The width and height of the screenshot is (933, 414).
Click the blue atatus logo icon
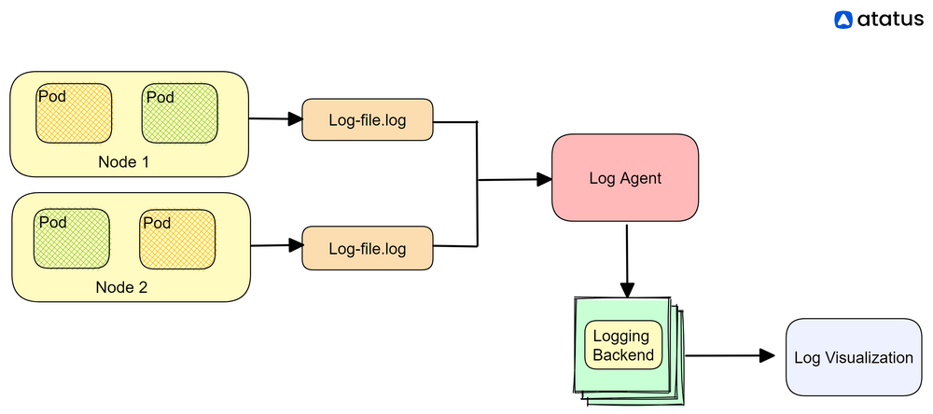(843, 19)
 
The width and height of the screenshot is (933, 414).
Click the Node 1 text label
(125, 162)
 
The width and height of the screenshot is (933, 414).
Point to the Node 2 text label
(121, 287)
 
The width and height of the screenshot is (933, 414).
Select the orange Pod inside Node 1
(74, 114)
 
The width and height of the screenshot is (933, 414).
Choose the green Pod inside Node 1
(180, 114)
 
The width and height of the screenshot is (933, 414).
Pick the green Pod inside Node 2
(72, 239)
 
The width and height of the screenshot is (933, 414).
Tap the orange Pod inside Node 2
(177, 239)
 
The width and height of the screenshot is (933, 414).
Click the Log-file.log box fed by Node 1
(368, 120)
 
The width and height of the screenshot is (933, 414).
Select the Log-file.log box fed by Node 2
(368, 249)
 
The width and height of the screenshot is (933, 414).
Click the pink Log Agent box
(625, 178)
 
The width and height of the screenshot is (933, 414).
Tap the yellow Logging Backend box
(623, 345)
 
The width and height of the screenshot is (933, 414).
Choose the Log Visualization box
(853, 357)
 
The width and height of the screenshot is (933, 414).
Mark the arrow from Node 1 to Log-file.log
(275, 119)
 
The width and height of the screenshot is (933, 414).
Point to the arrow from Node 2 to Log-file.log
(277, 246)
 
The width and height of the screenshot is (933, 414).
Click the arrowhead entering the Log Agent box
(544, 180)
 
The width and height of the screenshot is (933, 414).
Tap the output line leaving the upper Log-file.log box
(455, 121)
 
